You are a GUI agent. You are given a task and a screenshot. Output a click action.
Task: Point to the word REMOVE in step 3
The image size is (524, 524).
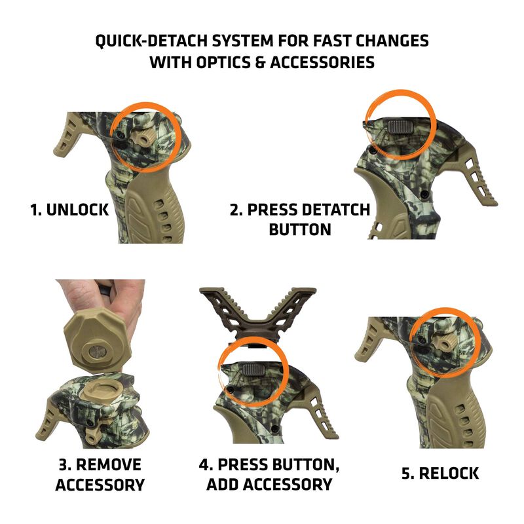point(109,466)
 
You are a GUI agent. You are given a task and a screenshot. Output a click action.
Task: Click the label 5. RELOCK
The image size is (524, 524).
point(440,473)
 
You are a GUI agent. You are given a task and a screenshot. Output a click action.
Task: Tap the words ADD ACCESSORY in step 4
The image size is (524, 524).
point(269,485)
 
